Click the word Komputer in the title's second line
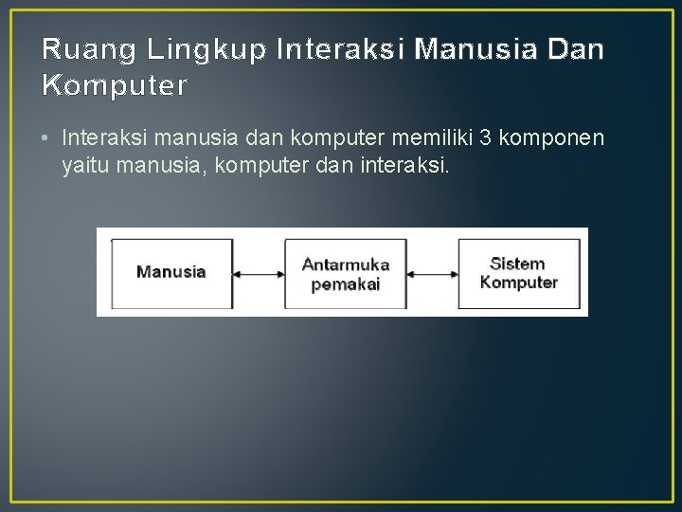pyautogui.click(x=115, y=86)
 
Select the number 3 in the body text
pyautogui.click(x=485, y=138)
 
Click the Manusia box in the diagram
pyautogui.click(x=171, y=272)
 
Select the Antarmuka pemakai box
pyautogui.click(x=345, y=273)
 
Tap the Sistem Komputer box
pyautogui.click(x=518, y=272)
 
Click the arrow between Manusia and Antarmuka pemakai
pyautogui.click(x=259, y=275)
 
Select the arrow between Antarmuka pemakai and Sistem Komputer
pyautogui.click(x=432, y=275)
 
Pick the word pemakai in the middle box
pyautogui.click(x=345, y=283)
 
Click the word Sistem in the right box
pyautogui.click(x=517, y=263)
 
